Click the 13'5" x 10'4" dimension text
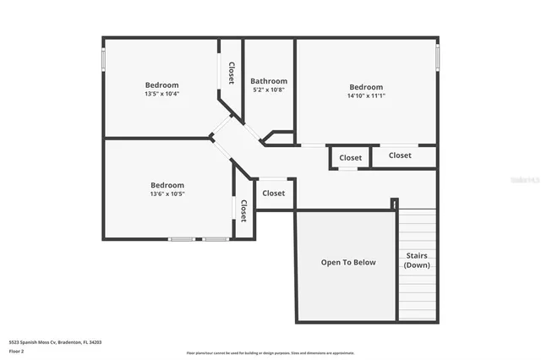(x=161, y=94)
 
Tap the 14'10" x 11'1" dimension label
(x=366, y=95)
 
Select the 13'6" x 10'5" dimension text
(x=167, y=194)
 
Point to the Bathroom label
(x=269, y=81)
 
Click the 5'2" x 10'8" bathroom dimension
(x=269, y=90)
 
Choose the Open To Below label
(x=347, y=262)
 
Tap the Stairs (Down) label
(x=417, y=259)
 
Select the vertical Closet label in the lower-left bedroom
(x=243, y=210)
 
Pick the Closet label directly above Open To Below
(x=274, y=193)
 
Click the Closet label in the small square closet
(x=350, y=157)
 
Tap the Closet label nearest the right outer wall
(x=400, y=155)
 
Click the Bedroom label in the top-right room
(x=366, y=87)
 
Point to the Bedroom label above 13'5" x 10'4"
(x=161, y=85)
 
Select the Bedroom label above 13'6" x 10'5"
(x=167, y=185)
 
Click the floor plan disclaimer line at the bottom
(x=270, y=353)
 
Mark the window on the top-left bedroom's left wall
(x=104, y=58)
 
